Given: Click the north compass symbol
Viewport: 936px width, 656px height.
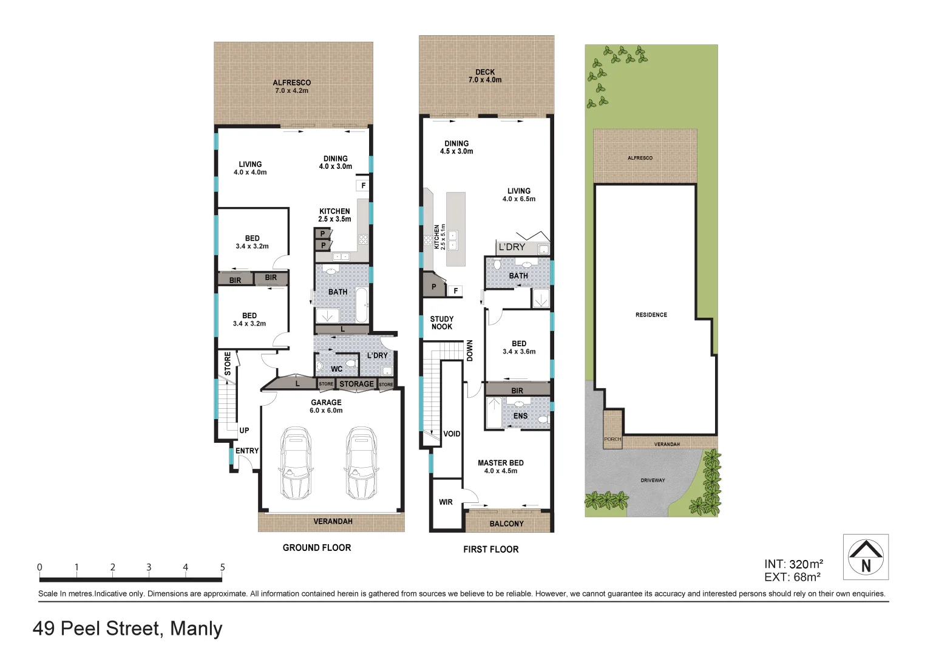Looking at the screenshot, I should tap(866, 557).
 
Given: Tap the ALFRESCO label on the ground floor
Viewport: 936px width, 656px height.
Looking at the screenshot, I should tap(291, 83).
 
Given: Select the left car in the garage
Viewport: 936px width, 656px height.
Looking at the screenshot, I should tap(296, 463).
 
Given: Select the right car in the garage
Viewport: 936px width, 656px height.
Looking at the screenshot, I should tap(362, 463).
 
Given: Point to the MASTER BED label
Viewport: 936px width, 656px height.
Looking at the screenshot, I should tap(500, 463).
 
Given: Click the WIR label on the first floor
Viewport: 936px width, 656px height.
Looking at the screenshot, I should tap(446, 502).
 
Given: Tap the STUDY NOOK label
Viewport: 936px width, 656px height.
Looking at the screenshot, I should tap(442, 323).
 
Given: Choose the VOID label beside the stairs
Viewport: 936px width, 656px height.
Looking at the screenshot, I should tap(452, 434).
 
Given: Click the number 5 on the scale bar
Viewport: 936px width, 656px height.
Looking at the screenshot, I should tap(222, 567).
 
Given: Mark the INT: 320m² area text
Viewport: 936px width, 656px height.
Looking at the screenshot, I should tap(793, 564).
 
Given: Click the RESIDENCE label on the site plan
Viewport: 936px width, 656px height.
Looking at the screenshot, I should tap(651, 315).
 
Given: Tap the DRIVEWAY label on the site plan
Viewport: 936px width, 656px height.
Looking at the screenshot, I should tap(653, 480).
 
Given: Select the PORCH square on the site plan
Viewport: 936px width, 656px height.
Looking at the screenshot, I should tap(612, 430).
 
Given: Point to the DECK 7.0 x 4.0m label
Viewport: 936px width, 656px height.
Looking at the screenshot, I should tap(485, 76).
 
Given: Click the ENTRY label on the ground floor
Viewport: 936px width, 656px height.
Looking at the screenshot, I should tap(247, 451).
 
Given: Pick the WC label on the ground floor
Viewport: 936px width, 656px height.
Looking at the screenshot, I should tap(336, 369).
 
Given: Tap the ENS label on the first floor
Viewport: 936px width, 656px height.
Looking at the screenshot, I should tap(520, 416).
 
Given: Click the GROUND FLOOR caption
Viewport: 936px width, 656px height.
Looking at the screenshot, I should tap(317, 548).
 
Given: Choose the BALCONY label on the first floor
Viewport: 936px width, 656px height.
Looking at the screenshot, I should tap(506, 524).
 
